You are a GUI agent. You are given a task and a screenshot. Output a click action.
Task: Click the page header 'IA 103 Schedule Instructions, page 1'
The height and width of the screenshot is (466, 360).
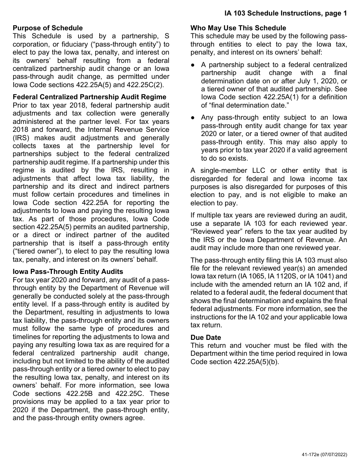point(285,13)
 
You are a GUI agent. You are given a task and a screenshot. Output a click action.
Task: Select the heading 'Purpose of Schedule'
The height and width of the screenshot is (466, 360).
point(48,28)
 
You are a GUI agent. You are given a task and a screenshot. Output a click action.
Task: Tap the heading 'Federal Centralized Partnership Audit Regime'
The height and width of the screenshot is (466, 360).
point(89,97)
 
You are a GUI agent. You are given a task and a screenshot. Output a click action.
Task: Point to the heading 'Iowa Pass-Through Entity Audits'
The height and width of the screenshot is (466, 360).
point(68,272)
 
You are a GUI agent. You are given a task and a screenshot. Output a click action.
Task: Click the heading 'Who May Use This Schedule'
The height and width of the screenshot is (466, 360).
point(238,28)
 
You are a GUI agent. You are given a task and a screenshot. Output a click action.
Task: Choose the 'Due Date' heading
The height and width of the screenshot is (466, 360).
point(206,337)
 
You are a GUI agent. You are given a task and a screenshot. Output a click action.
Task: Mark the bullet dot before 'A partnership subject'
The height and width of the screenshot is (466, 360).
point(193,65)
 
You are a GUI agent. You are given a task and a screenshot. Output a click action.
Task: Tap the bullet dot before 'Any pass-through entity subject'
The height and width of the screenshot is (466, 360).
point(193,117)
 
